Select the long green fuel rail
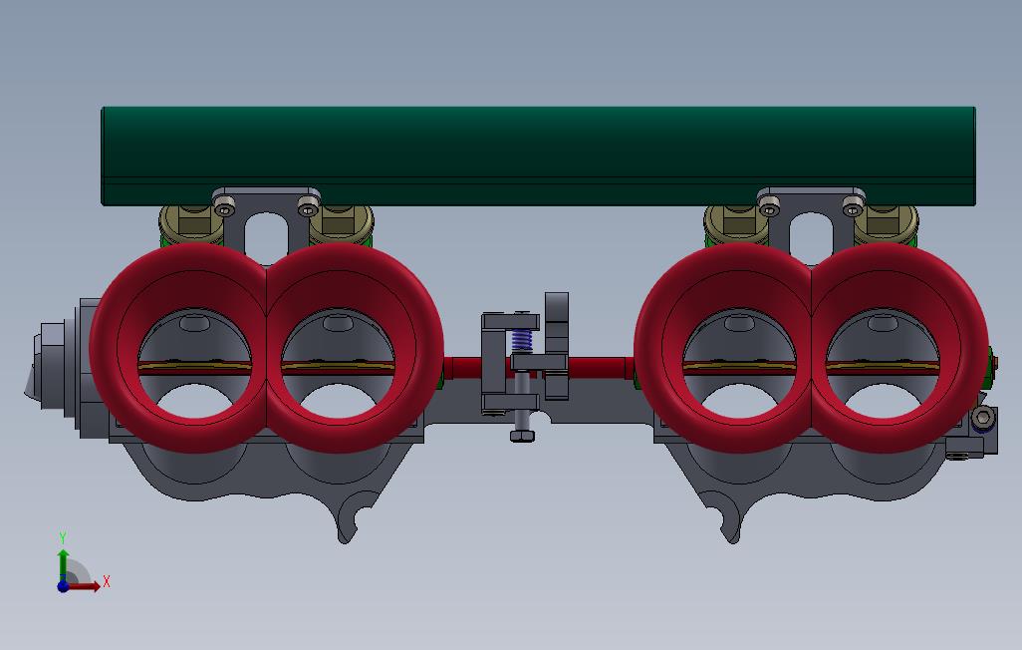(x=538, y=155)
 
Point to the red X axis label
(x=107, y=581)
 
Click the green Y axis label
(x=63, y=538)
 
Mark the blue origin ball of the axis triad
(x=63, y=586)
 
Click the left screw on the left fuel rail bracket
(x=226, y=207)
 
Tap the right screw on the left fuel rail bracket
(x=308, y=207)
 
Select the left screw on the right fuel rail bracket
(x=769, y=207)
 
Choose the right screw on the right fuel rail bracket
(x=853, y=207)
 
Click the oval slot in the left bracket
(x=267, y=235)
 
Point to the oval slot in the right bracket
(x=811, y=233)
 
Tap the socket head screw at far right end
(x=983, y=418)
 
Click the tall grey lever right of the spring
(x=556, y=344)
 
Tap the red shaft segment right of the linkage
(x=598, y=366)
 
